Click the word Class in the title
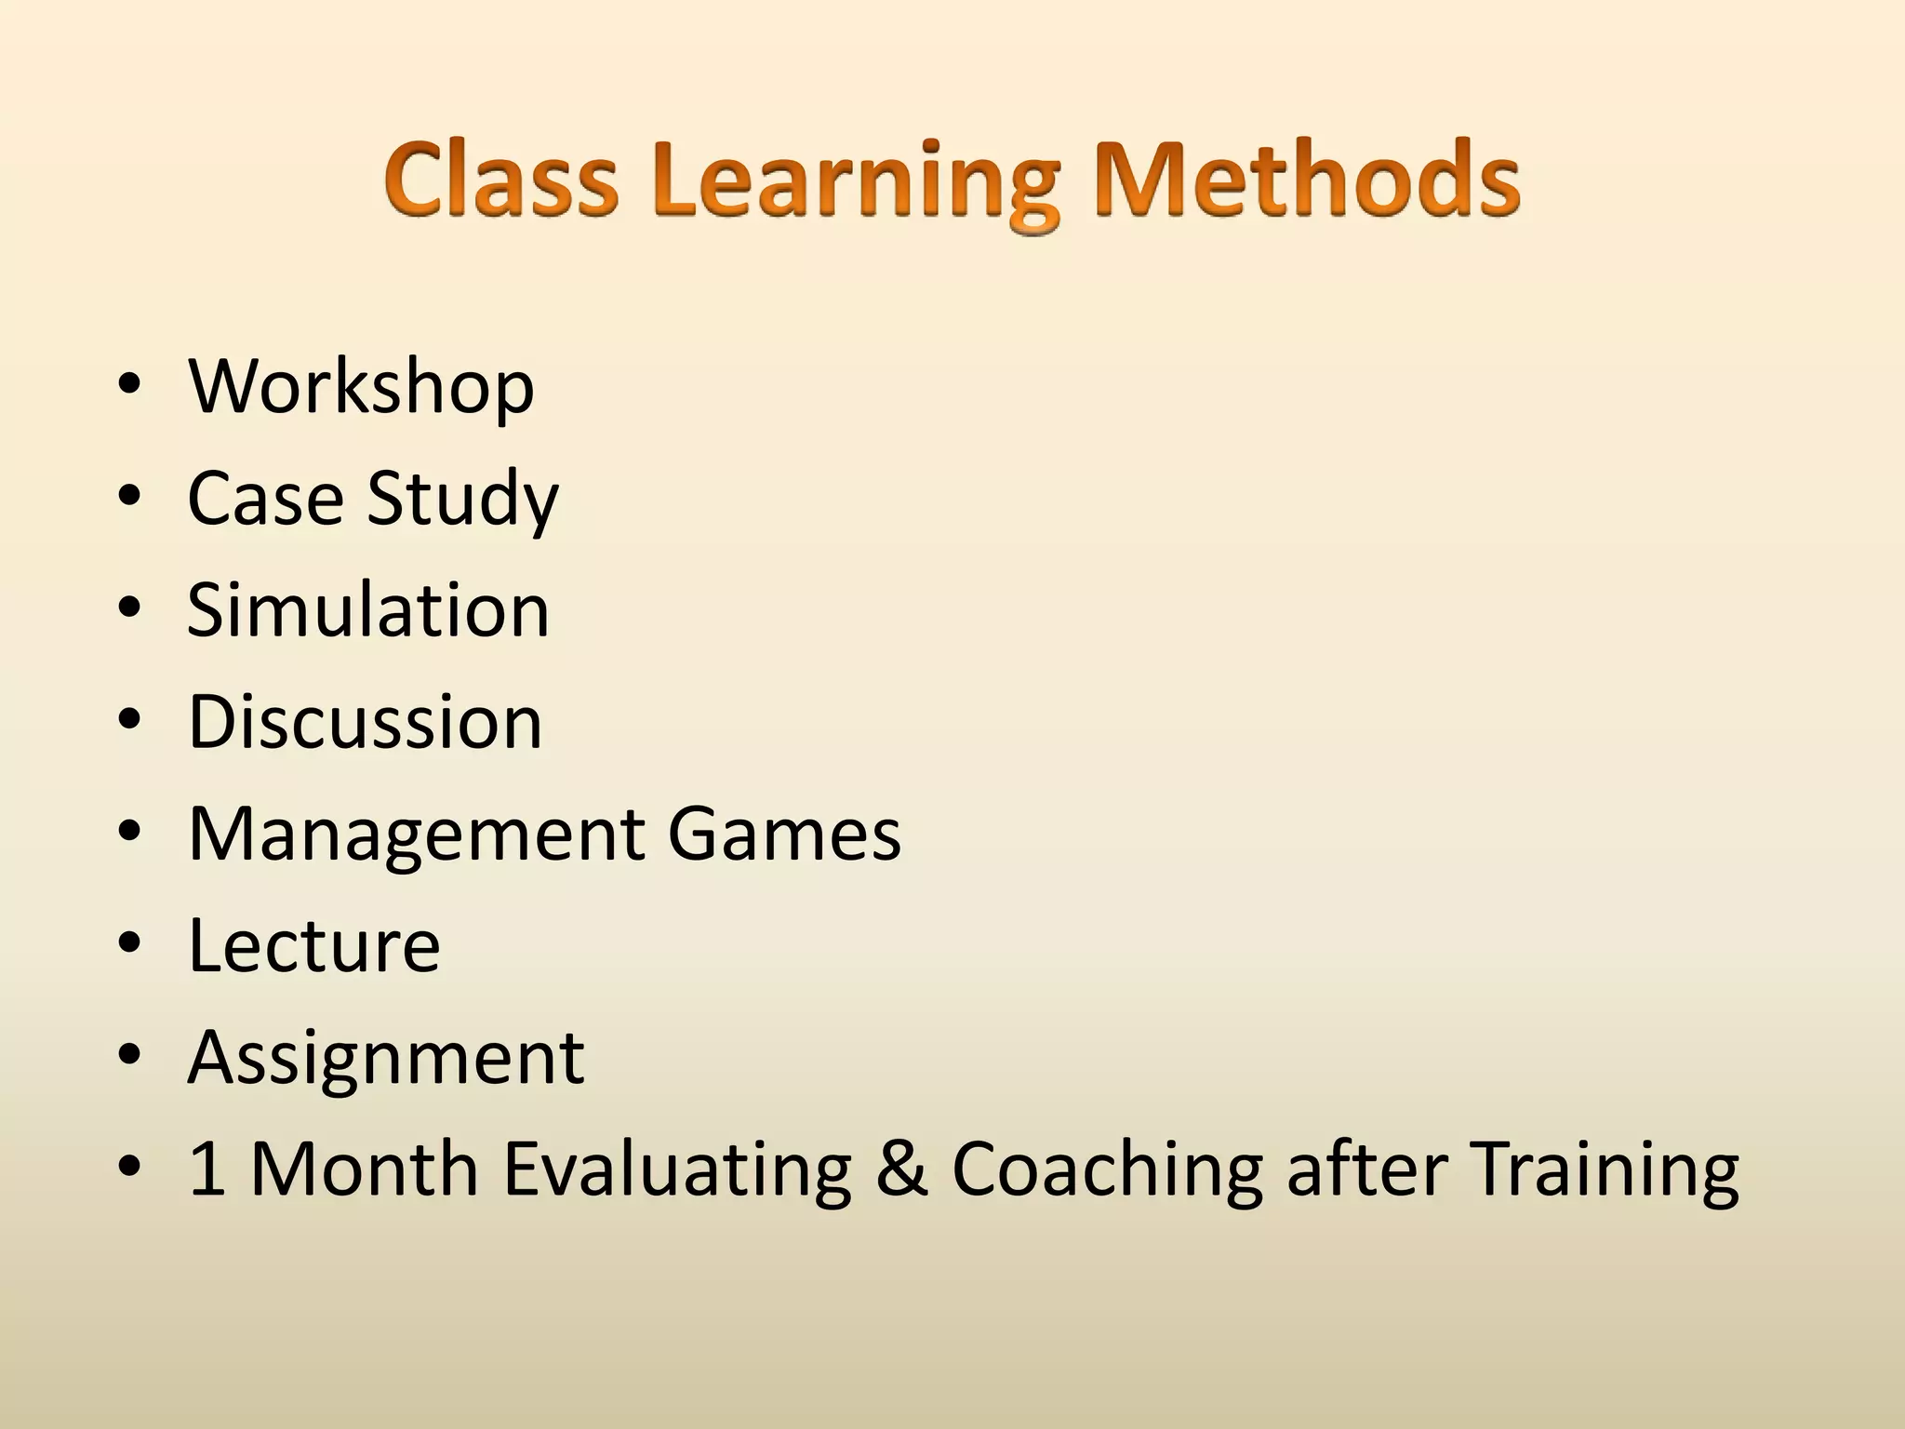point(501,179)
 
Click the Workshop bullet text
point(361,387)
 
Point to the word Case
point(266,499)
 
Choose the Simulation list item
point(368,610)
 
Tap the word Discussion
point(365,722)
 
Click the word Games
point(784,834)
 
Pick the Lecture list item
point(314,945)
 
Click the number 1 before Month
point(206,1169)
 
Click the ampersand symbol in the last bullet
point(901,1169)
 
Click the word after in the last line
point(1365,1169)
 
